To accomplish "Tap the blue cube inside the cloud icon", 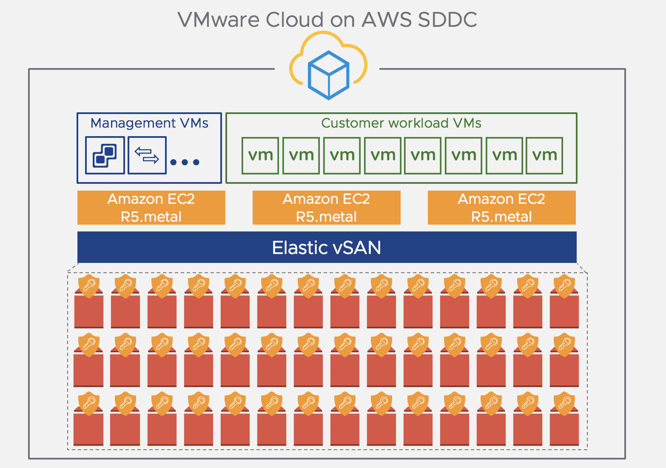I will point(328,75).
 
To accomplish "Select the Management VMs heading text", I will point(149,123).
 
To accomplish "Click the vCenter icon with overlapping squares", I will point(105,155).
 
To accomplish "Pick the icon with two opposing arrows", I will point(147,155).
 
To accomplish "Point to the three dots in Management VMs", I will point(185,162).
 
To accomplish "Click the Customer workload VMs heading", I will point(401,123).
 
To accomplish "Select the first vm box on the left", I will point(260,155).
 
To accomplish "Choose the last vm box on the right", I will point(544,155).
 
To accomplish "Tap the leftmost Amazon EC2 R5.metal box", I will point(151,208).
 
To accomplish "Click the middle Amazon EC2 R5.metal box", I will point(326,208).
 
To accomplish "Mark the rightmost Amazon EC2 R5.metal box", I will point(501,208).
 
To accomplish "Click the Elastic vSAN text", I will point(326,248).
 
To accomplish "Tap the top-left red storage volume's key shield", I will point(89,285).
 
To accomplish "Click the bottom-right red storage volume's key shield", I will point(564,402).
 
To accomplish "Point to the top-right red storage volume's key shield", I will point(564,285).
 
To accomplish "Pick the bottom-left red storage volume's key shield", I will point(89,402).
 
